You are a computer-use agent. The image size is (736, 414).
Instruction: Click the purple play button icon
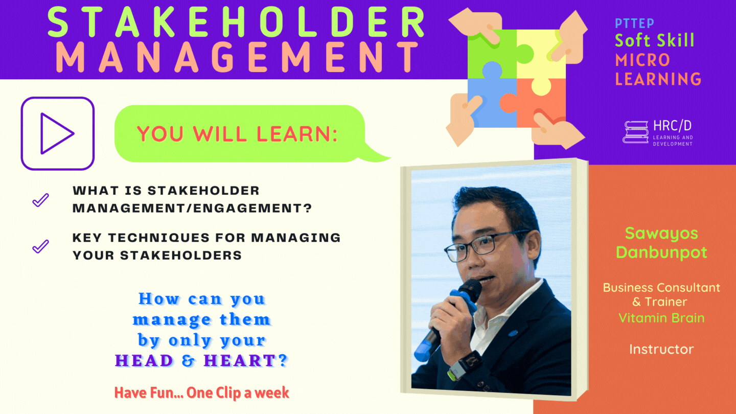tap(57, 133)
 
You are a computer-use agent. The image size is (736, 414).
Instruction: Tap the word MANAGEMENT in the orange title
tap(236, 57)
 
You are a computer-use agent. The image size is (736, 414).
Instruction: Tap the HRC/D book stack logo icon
tap(635, 132)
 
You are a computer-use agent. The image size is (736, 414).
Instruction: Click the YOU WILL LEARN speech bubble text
tap(237, 134)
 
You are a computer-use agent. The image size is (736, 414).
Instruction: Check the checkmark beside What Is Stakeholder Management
tap(40, 200)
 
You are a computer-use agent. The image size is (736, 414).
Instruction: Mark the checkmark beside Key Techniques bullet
tap(40, 247)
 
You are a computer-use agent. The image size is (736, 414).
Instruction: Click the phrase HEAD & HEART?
tap(201, 361)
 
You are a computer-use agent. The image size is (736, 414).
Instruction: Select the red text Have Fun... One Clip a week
tap(201, 393)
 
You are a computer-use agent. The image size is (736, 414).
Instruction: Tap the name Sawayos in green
tap(661, 234)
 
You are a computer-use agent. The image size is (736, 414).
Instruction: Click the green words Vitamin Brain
tap(661, 318)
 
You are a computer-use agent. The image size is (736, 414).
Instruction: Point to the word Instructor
tap(661, 350)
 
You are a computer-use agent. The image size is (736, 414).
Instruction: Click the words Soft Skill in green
tap(654, 40)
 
